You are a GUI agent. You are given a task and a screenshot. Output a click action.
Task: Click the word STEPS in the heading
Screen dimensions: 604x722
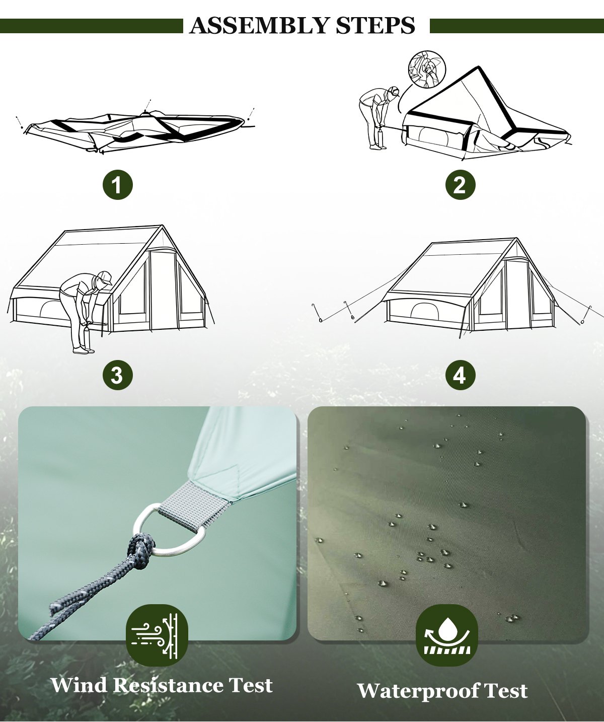pos(375,25)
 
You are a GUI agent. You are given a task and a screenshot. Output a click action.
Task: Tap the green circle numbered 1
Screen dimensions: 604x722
pos(118,185)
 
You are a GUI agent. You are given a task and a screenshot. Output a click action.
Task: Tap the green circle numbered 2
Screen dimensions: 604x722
pos(460,185)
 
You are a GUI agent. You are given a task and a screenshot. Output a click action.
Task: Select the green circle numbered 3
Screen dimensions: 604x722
pos(118,375)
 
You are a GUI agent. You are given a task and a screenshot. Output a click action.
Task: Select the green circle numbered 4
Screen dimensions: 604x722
pos(460,375)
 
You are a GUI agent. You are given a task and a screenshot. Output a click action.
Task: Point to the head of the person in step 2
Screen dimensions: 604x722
pos(393,92)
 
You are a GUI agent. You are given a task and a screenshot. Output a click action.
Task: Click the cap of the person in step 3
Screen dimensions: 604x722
pos(104,276)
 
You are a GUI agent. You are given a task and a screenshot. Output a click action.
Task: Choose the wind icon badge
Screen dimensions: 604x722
pos(157,635)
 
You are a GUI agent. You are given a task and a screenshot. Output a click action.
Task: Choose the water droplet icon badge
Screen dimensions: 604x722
pos(446,635)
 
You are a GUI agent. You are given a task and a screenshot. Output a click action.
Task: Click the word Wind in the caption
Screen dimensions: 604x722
pos(79,685)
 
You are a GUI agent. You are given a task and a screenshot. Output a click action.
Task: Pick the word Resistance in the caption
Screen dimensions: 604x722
pos(169,685)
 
